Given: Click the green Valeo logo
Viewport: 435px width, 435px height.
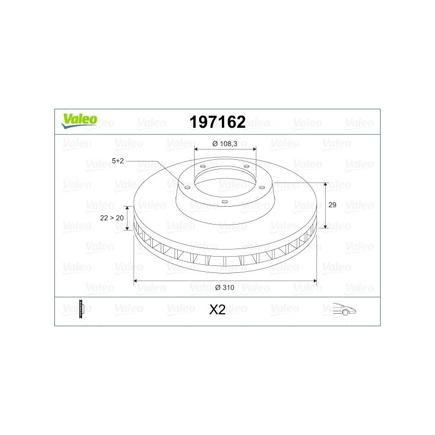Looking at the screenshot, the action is click(79, 121).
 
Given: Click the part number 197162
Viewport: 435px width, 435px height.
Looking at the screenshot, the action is click(217, 122).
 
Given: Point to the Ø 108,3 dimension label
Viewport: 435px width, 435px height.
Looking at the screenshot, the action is click(225, 144).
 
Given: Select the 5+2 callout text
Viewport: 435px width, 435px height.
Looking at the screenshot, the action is click(117, 161).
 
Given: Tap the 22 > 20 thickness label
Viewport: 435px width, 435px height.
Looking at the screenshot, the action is click(112, 218).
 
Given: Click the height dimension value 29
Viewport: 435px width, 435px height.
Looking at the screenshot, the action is click(332, 205).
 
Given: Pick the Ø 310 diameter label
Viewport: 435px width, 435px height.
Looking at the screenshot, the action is click(225, 288).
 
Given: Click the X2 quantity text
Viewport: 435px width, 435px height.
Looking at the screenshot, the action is click(217, 310).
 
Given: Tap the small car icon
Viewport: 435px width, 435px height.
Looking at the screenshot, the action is click(344, 309).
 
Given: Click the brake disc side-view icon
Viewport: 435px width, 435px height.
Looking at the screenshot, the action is click(81, 309).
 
